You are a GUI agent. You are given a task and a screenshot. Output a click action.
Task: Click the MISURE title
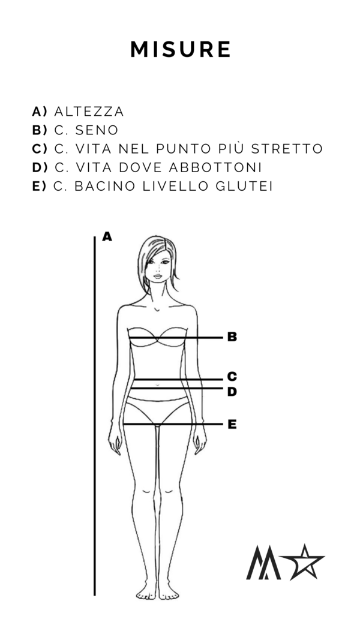coord(181,49)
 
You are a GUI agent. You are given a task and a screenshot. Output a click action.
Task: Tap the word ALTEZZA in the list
coord(89,112)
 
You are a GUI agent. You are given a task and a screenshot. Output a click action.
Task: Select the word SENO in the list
coord(97,130)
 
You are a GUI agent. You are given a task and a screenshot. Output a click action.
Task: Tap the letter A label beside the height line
coord(107,237)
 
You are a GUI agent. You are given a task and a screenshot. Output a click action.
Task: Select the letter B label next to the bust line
coord(232,337)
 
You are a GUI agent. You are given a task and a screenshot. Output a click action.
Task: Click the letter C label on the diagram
coord(232,376)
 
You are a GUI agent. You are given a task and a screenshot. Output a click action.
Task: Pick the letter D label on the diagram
coord(232,392)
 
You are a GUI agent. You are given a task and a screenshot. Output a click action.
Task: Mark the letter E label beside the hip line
coord(232,425)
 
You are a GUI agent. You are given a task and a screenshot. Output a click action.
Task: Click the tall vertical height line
coord(95,416)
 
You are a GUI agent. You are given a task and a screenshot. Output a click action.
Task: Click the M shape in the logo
coord(263,563)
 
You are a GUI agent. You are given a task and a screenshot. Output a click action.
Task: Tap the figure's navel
coord(158,384)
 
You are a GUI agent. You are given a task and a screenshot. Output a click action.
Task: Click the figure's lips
coord(158,277)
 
